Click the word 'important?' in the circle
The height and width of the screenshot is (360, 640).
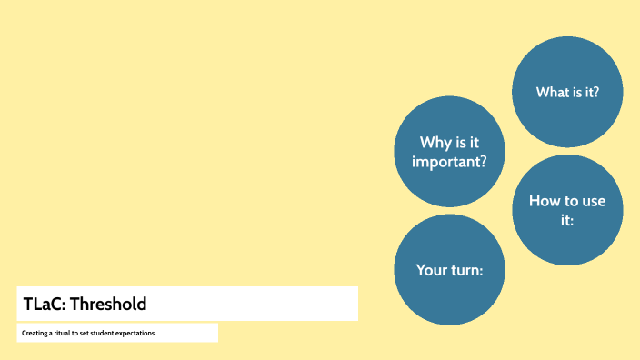[449, 163]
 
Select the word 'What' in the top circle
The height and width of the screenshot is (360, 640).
[552, 92]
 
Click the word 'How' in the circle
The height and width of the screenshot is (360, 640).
[545, 201]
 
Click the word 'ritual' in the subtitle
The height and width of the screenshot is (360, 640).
[61, 334]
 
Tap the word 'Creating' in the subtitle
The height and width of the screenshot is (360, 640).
[35, 334]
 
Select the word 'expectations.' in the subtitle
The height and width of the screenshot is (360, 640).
[136, 334]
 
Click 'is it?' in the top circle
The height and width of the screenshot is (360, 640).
[585, 92]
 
